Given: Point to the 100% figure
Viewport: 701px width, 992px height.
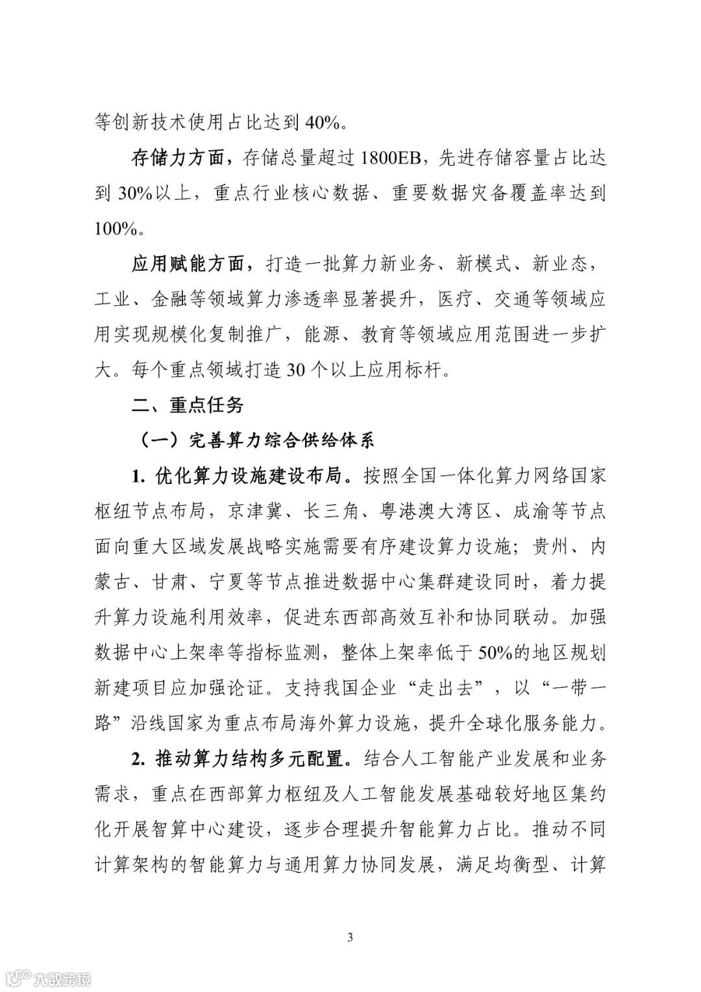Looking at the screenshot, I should (x=116, y=228).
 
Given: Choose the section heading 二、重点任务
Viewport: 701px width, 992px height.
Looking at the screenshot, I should (x=188, y=405).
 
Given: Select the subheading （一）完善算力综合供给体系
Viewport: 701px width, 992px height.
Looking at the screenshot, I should (x=258, y=440).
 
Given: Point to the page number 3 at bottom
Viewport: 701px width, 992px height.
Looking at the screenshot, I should (x=350, y=936).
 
